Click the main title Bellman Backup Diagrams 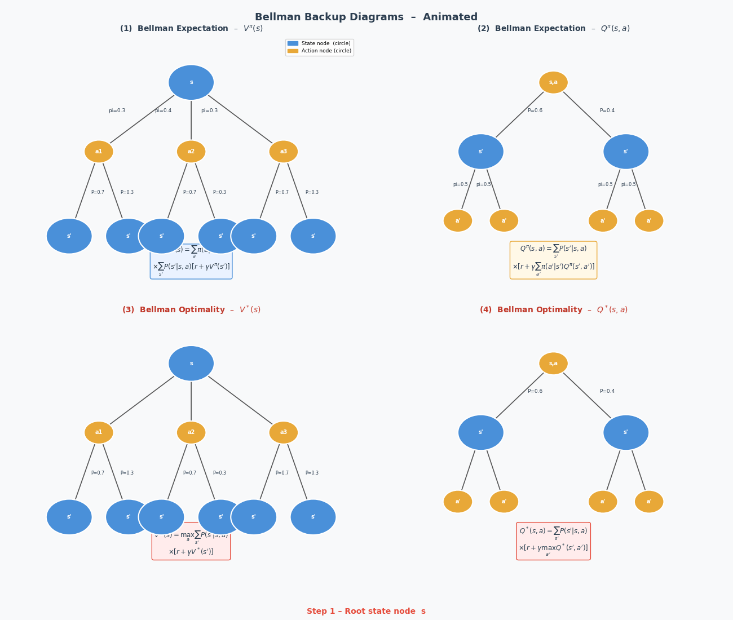(366, 17)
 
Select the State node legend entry (319, 43)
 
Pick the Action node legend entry (319, 51)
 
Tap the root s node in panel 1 (191, 82)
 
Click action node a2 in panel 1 (191, 152)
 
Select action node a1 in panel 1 (99, 152)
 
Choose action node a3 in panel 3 (284, 432)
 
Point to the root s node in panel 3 (191, 364)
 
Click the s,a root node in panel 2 (553, 82)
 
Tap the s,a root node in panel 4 (553, 364)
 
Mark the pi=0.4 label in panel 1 (163, 110)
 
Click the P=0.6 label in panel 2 (535, 110)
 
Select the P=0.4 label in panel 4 (607, 391)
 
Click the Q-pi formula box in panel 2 (553, 260)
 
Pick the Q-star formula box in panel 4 (553, 541)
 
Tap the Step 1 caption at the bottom (366, 611)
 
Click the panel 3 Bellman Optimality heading (191, 309)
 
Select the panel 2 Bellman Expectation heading (553, 28)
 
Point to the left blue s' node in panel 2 (481, 152)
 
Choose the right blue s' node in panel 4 (626, 432)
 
